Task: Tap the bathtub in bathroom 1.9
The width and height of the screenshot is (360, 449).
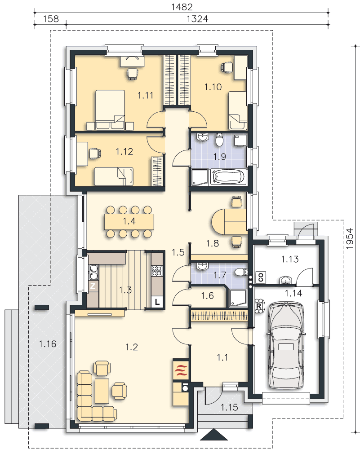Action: click(228, 177)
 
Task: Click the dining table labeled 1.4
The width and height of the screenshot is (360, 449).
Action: click(129, 221)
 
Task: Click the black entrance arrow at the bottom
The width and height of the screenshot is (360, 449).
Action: click(214, 434)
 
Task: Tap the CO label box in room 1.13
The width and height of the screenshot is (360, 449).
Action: click(261, 277)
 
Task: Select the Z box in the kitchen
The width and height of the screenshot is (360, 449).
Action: click(93, 286)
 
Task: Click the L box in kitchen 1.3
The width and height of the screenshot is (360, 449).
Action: click(157, 302)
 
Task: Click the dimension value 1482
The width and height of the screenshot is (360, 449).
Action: click(182, 7)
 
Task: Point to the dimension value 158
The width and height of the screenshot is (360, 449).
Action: click(51, 19)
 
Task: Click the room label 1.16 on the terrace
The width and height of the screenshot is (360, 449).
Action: click(48, 343)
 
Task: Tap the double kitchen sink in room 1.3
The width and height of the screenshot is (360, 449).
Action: click(93, 272)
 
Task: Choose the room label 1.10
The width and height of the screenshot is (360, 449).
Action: click(213, 87)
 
